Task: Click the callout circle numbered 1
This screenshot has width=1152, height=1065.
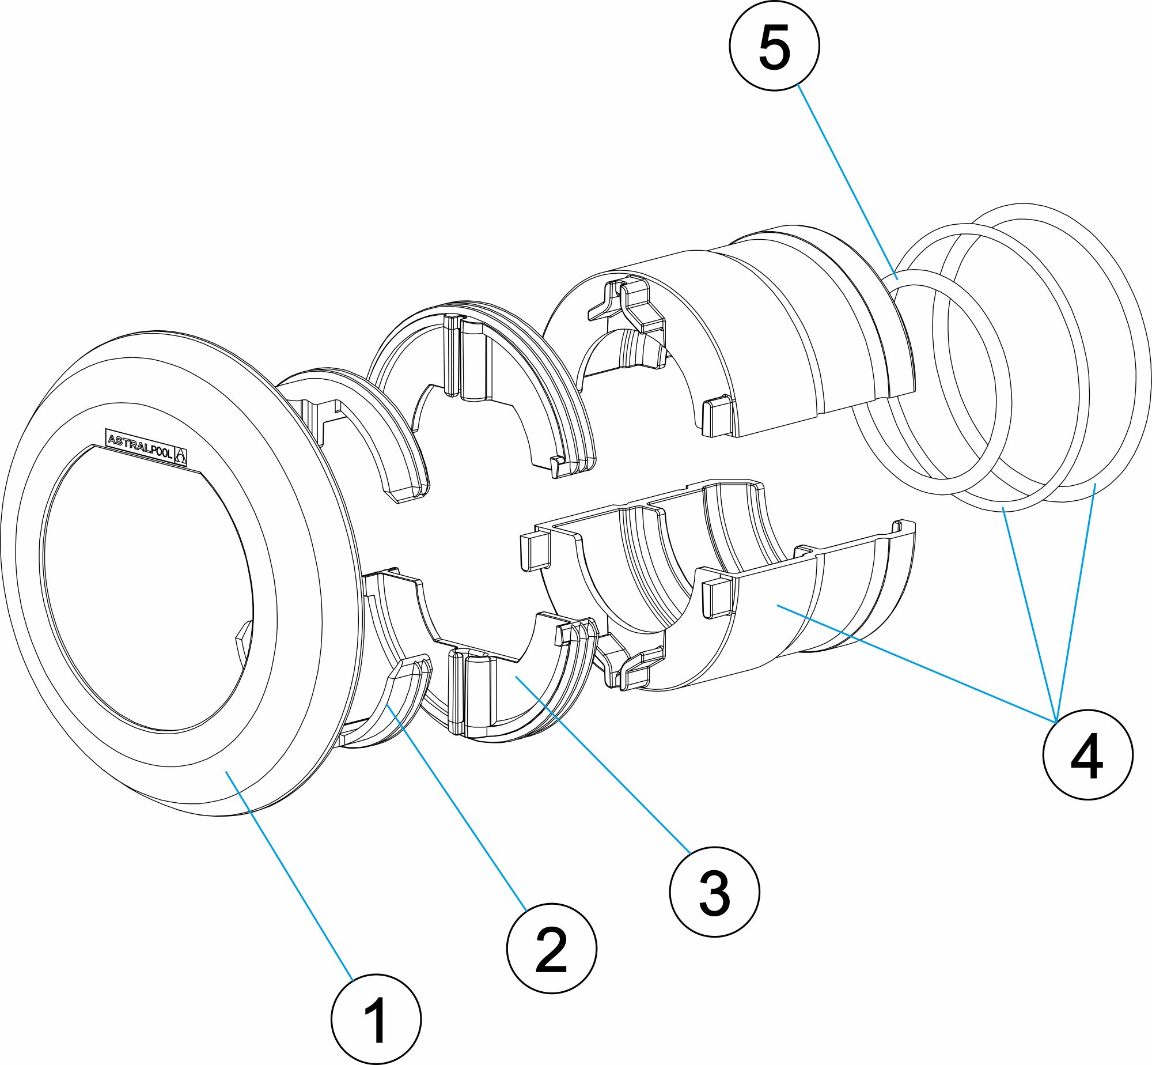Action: tap(376, 1019)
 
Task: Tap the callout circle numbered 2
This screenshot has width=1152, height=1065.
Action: tap(551, 948)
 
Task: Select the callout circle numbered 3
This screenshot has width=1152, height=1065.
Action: tap(714, 891)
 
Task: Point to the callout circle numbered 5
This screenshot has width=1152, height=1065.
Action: tap(774, 45)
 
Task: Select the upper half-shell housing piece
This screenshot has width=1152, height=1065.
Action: tap(778, 334)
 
